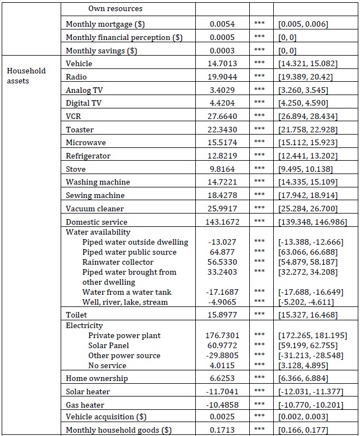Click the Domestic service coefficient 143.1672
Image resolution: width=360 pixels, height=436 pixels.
tap(224, 222)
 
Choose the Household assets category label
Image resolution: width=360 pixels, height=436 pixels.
tap(26, 76)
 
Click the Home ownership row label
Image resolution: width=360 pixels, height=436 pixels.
tap(96, 378)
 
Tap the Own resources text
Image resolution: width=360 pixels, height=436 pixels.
tap(115, 9)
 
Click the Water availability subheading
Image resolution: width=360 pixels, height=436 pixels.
tap(98, 232)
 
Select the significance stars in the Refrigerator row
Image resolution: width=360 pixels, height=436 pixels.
tap(259, 156)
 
